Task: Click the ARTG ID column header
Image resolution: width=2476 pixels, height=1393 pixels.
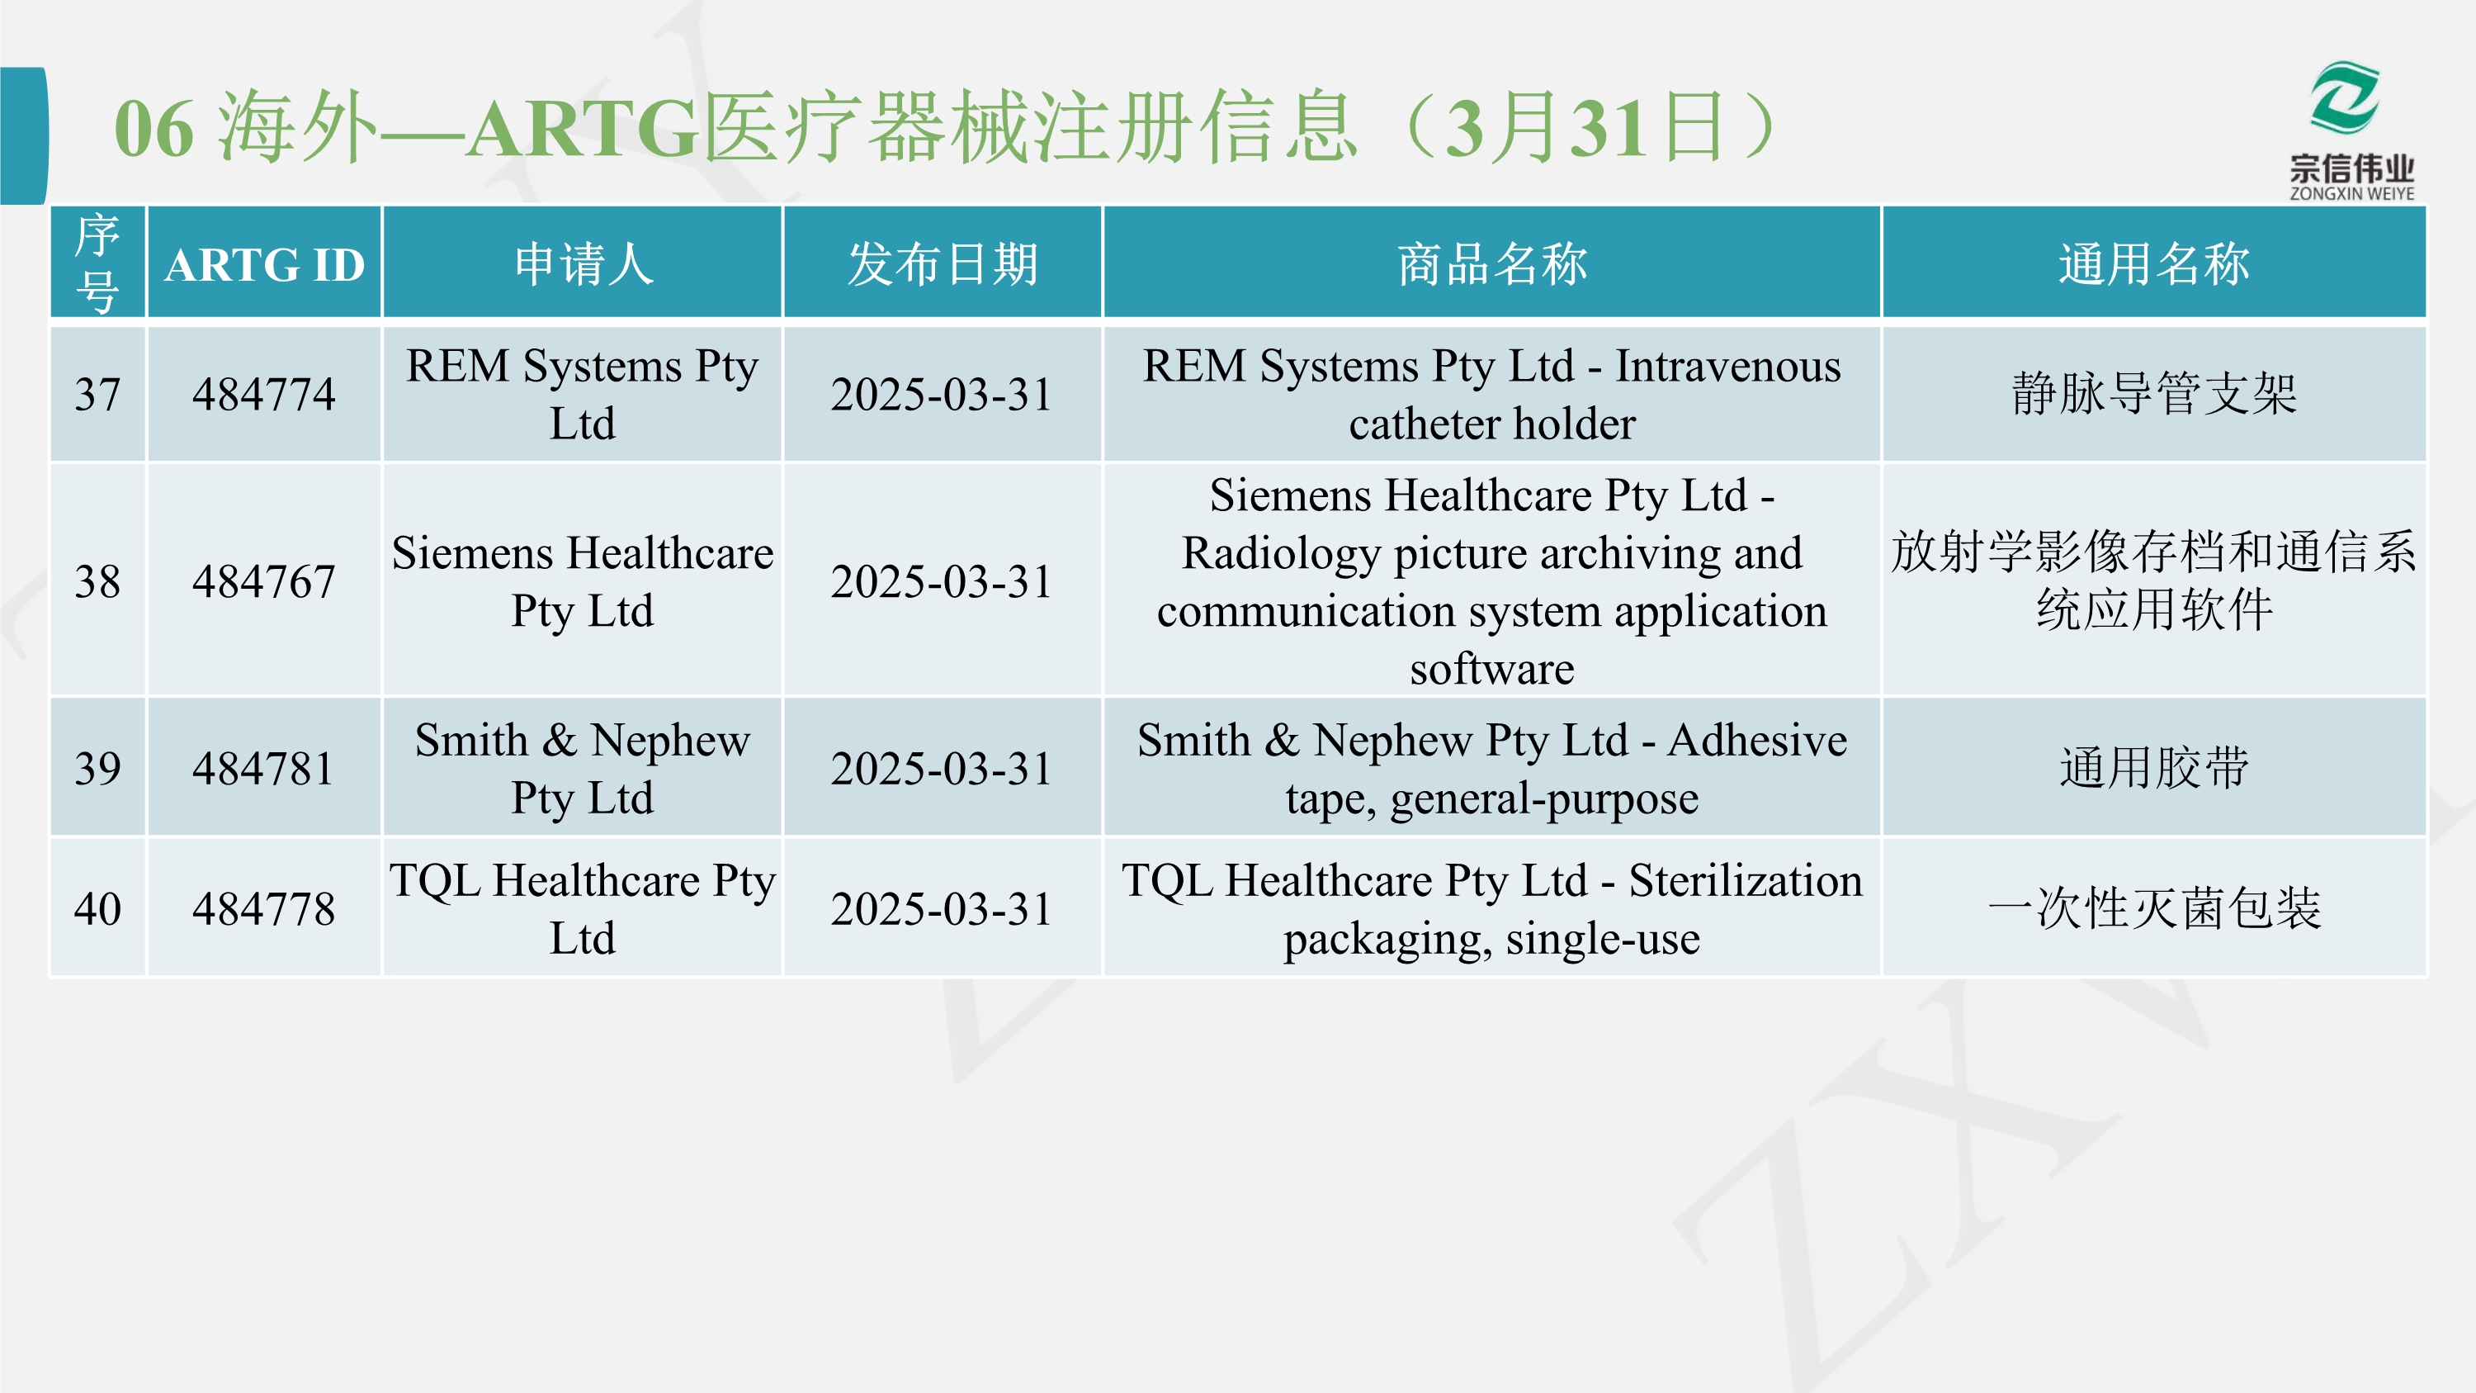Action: click(264, 264)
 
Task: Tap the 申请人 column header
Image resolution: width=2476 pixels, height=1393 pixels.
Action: click(584, 264)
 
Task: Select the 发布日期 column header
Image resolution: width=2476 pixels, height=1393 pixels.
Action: click(942, 264)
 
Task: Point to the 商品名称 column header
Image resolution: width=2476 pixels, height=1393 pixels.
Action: click(1491, 264)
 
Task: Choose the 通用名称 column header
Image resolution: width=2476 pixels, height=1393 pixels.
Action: click(2154, 264)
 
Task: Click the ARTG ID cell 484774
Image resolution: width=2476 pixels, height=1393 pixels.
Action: click(264, 394)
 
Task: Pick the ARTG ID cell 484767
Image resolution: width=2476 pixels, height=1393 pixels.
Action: click(264, 580)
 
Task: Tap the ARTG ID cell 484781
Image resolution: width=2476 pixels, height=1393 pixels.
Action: click(264, 768)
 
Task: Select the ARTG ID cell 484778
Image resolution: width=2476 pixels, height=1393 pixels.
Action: click(264, 908)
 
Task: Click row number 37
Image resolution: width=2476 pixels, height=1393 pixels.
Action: click(98, 394)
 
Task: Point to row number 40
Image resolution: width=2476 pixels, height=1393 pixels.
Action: click(98, 908)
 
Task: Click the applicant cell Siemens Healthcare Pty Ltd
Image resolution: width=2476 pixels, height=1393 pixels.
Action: click(583, 580)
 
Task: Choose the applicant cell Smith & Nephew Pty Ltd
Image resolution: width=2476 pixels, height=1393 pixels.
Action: click(583, 768)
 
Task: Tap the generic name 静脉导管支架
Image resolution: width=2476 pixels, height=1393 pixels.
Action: click(2154, 394)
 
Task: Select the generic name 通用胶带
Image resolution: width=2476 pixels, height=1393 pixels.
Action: click(2154, 768)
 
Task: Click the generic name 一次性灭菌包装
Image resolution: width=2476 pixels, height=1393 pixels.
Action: click(2154, 908)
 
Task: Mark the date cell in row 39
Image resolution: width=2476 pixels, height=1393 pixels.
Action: click(942, 768)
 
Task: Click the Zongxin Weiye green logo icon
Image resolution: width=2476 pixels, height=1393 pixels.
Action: click(2346, 97)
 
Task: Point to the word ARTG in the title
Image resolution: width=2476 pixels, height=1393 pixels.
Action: click(583, 128)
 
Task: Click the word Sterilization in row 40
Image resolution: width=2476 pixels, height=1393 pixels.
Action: click(1746, 879)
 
